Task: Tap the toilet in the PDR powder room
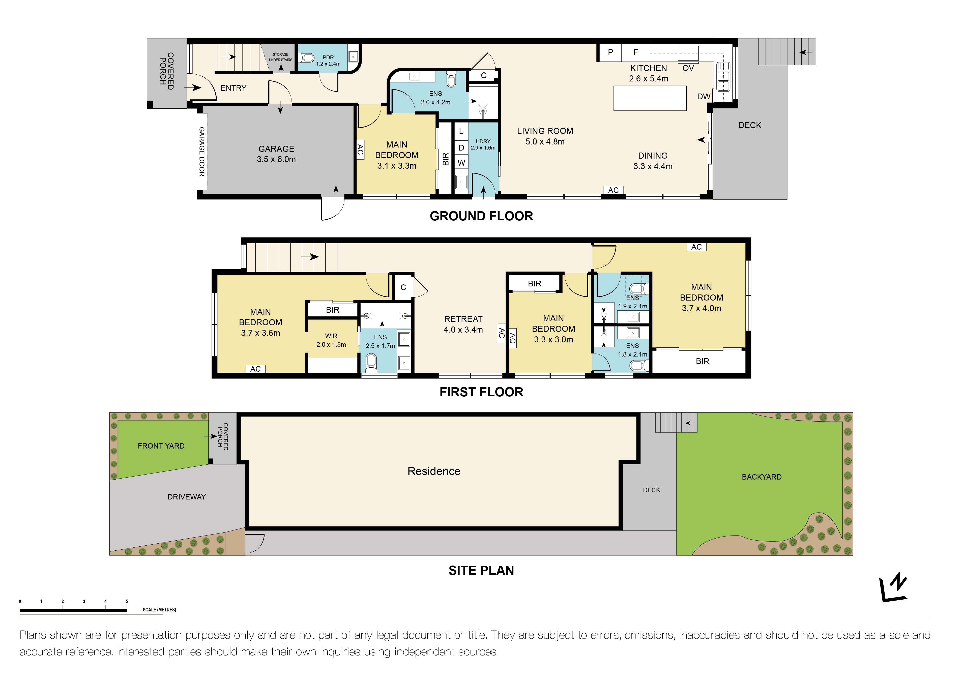point(307,57)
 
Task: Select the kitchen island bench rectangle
point(649,98)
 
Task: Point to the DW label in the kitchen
point(703,97)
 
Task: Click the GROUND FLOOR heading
point(481,216)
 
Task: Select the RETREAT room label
point(463,319)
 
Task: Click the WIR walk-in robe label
point(331,336)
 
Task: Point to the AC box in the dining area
point(613,190)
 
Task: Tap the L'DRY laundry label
point(483,141)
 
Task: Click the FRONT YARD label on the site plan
point(161,446)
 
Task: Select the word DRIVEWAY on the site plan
point(187,497)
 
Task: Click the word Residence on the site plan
point(434,471)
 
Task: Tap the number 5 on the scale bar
point(127,601)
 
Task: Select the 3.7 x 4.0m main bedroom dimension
point(701,308)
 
